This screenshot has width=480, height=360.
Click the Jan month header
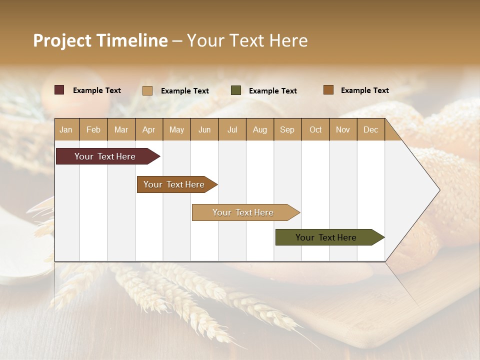pos(66,129)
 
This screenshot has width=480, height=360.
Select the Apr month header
pos(149,129)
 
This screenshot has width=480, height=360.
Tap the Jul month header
pos(232,129)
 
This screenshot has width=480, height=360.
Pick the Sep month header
pos(287,129)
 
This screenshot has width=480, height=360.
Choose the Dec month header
pos(370,129)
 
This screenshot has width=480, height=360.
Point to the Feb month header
pos(93,129)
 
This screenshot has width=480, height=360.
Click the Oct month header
pos(315,129)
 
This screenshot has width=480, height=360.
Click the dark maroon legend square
pos(59,90)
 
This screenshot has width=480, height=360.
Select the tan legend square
pos(147,90)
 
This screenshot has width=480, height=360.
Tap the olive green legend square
pos(236,90)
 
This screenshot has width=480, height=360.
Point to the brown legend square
pos(328,90)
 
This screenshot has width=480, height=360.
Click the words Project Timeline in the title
pos(100,40)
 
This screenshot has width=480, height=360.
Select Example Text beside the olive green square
pos(272,91)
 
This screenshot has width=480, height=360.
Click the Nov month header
pos(343,129)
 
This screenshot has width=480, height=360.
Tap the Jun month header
pos(204,129)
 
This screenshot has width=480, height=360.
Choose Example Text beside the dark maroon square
pos(97,90)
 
